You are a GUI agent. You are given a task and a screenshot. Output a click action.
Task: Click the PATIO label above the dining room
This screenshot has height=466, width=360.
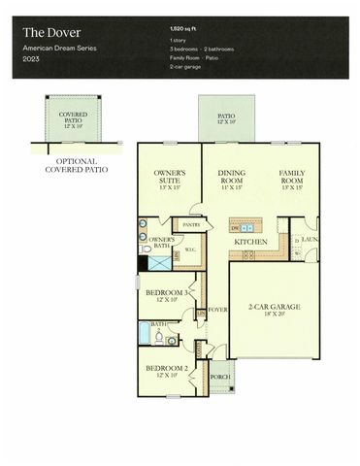226,119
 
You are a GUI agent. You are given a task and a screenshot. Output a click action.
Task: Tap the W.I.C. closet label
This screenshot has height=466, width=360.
190,250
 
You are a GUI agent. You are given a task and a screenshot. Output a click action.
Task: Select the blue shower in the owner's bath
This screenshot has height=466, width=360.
145,262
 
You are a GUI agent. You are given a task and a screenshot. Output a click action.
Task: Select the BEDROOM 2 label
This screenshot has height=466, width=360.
165,371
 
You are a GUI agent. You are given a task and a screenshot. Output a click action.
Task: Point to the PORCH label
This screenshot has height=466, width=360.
220,377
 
